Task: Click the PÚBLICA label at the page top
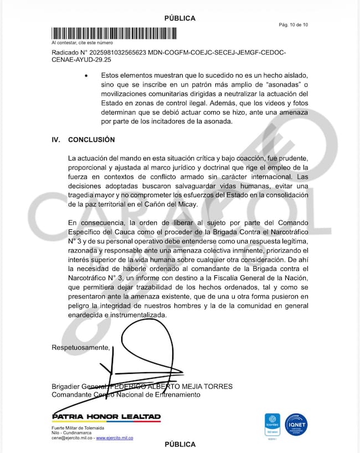180,18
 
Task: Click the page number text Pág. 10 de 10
294,25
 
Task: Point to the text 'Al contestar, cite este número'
82,42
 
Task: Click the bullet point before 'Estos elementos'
85,75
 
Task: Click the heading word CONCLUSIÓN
91,140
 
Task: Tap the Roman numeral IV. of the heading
56,140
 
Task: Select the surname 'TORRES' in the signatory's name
218,386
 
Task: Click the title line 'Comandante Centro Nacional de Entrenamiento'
126,395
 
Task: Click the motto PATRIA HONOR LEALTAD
106,416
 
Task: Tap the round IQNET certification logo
297,426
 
